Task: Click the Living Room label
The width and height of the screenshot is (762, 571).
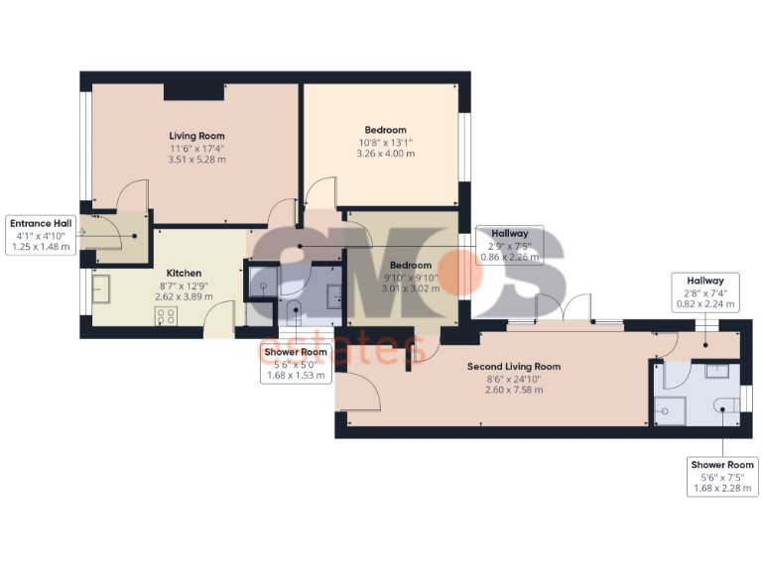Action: (x=196, y=136)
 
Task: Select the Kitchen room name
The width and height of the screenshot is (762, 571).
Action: (x=184, y=273)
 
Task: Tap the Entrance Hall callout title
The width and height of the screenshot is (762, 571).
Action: (x=38, y=223)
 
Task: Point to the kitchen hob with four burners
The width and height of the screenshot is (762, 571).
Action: (x=167, y=316)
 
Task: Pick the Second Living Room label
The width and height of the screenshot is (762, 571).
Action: (x=513, y=366)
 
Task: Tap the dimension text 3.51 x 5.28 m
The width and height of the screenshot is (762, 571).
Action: (x=196, y=160)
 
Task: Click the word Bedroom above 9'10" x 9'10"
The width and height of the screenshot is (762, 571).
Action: (x=410, y=265)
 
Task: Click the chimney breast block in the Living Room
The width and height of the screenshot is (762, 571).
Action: (x=193, y=90)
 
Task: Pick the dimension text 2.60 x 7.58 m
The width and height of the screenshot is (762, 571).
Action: (x=513, y=390)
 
